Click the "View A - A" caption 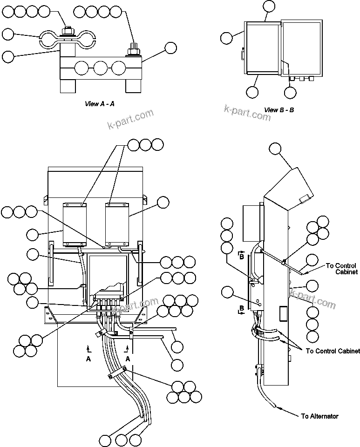(x=99, y=104)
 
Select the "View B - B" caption (x=279, y=110)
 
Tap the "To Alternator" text (x=320, y=416)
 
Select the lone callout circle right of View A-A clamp (x=170, y=48)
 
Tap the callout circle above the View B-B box (x=269, y=6)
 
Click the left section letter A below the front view (x=88, y=359)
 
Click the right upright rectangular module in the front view (x=117, y=224)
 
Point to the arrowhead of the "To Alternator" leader (x=278, y=407)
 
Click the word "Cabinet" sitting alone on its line (x=346, y=271)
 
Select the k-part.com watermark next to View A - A (x=130, y=120)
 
